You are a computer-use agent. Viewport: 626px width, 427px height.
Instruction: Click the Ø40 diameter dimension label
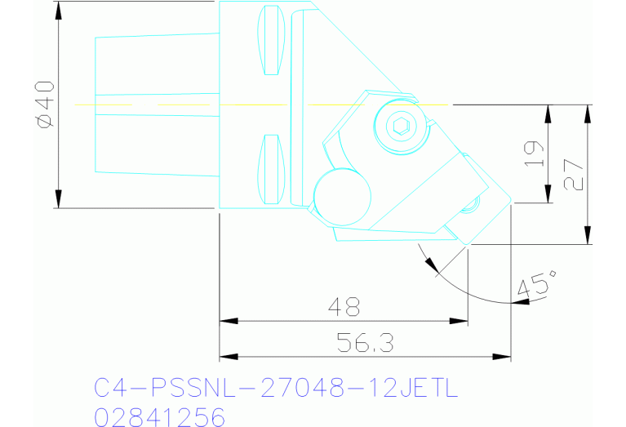[x=44, y=104]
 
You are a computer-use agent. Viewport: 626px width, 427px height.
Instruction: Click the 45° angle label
[x=535, y=287]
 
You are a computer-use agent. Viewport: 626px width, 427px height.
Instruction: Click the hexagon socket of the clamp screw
[x=401, y=126]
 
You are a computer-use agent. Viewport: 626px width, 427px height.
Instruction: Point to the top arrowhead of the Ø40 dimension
[x=59, y=10]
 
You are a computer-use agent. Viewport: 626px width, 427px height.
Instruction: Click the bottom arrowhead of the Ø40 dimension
[x=59, y=200]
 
